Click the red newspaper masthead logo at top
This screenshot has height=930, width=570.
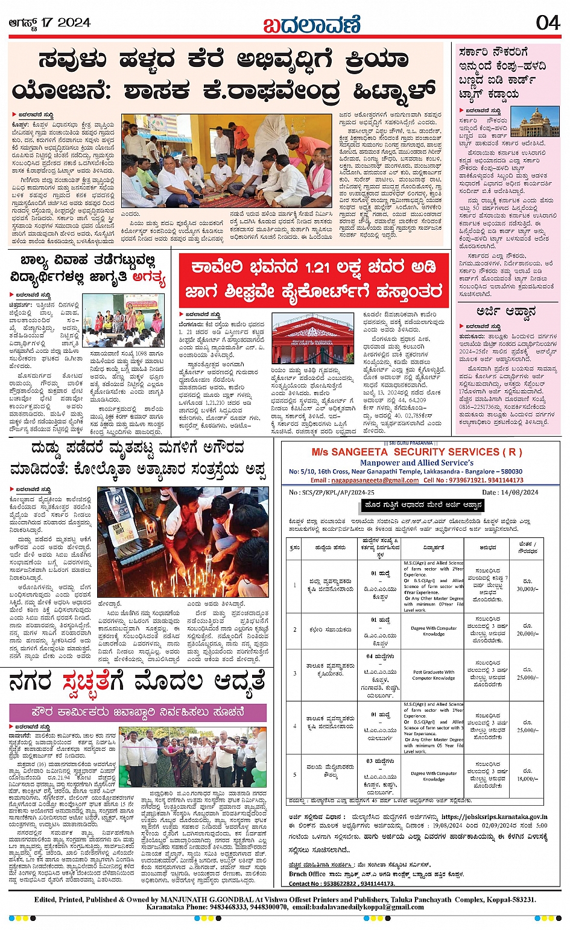click(x=311, y=24)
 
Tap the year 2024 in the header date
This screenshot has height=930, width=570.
click(x=75, y=23)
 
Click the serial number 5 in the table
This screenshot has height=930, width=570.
click(x=295, y=774)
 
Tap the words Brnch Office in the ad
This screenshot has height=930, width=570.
click(x=307, y=873)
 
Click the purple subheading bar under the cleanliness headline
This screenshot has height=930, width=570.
click(x=138, y=712)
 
